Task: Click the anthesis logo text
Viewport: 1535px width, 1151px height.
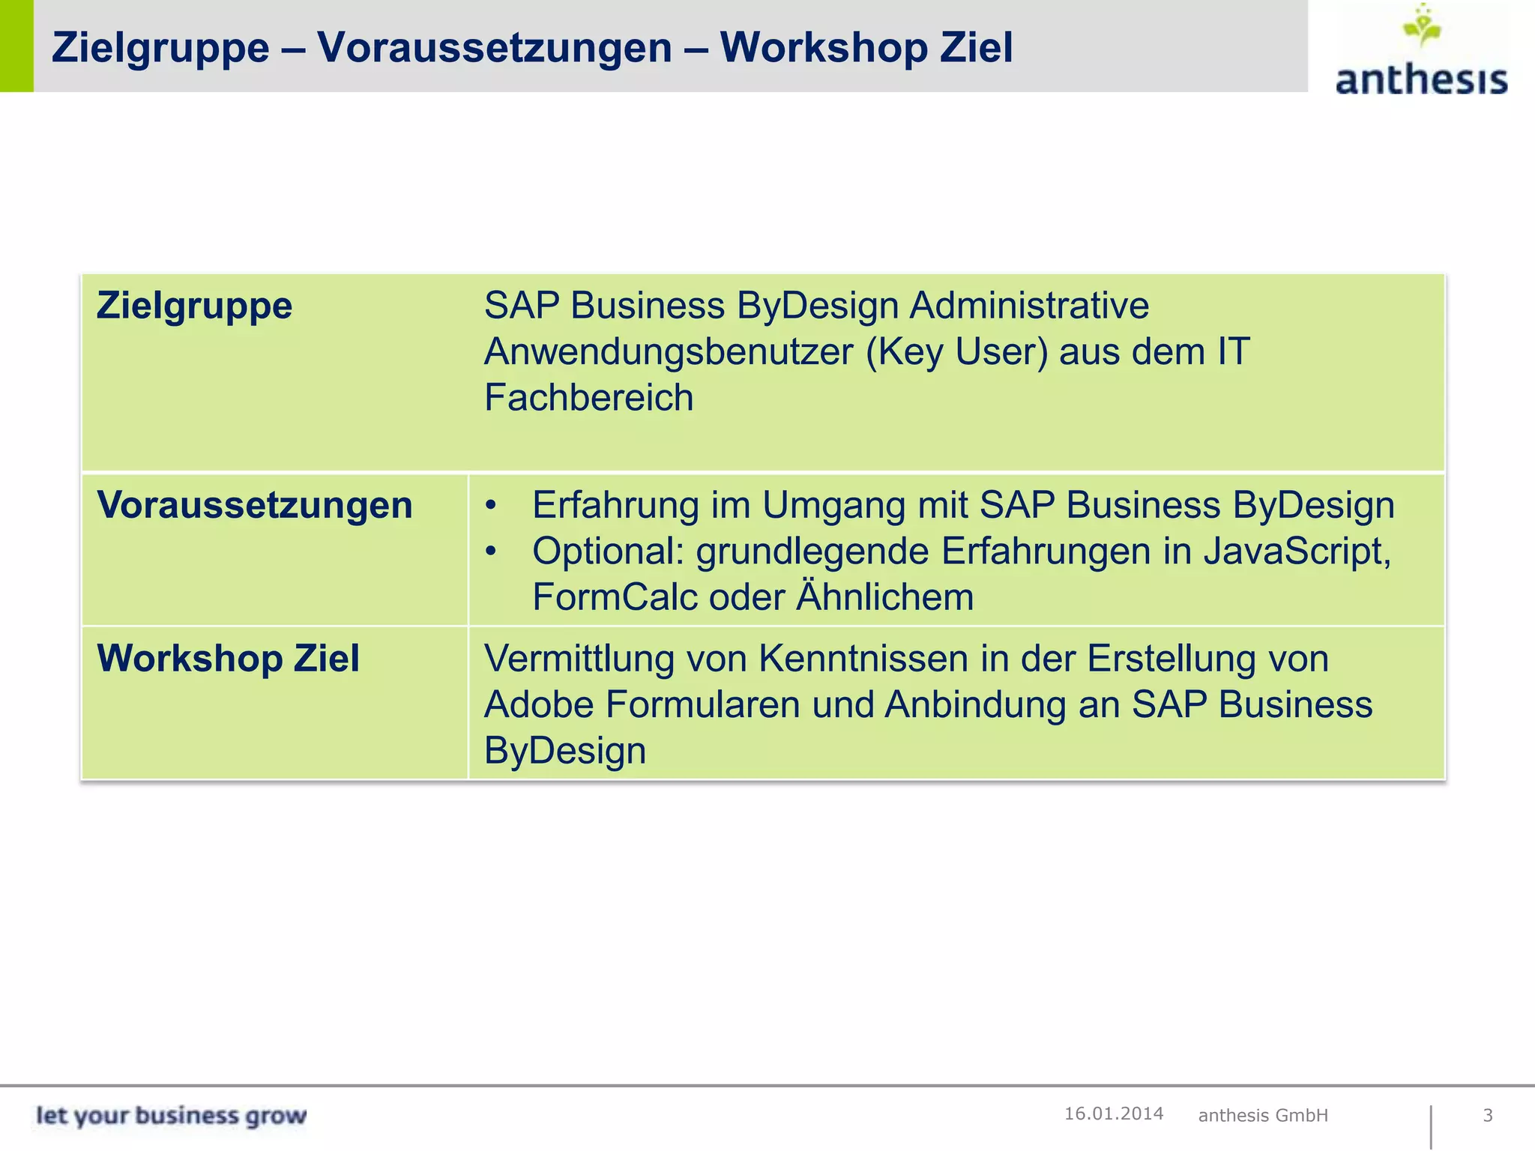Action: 1421,79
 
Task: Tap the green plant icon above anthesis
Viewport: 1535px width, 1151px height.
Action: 1422,27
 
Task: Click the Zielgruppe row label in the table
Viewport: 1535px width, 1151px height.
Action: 194,306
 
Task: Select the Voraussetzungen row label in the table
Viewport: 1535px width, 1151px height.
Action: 255,505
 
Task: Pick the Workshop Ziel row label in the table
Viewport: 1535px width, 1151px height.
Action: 228,659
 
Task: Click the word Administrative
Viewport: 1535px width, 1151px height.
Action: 1029,306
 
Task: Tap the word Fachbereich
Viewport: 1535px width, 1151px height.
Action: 588,397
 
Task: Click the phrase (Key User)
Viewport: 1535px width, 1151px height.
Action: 956,351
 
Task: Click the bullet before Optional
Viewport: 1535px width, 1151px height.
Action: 491,552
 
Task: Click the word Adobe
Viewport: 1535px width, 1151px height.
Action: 538,704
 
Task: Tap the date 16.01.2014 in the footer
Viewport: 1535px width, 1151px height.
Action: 1114,1114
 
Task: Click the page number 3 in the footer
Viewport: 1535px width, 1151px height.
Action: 1488,1115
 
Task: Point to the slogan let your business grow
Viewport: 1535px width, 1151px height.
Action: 171,1115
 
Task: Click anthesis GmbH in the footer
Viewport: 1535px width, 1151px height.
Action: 1263,1115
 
